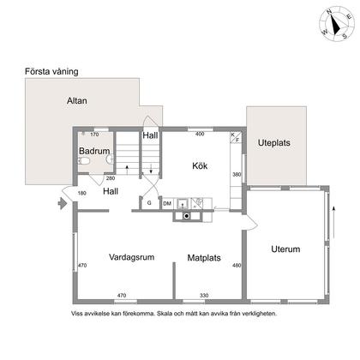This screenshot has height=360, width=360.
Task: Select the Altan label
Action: point(77,100)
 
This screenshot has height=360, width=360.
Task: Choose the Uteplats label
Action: point(279,143)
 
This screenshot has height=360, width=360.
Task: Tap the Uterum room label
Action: point(285,249)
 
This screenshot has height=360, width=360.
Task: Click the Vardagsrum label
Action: point(132,256)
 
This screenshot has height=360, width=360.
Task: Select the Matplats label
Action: point(206,256)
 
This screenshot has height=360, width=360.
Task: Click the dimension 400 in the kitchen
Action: point(200,135)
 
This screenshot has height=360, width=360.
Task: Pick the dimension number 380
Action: point(237,175)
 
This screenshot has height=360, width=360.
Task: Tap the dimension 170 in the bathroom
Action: point(95,135)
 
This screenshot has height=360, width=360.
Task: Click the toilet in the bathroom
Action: point(107,159)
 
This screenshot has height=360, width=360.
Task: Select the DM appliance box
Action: point(167,203)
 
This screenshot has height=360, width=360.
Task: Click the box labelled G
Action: point(149,203)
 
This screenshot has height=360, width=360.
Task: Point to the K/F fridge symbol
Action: point(235,137)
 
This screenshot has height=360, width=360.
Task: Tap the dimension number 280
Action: point(111,178)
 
